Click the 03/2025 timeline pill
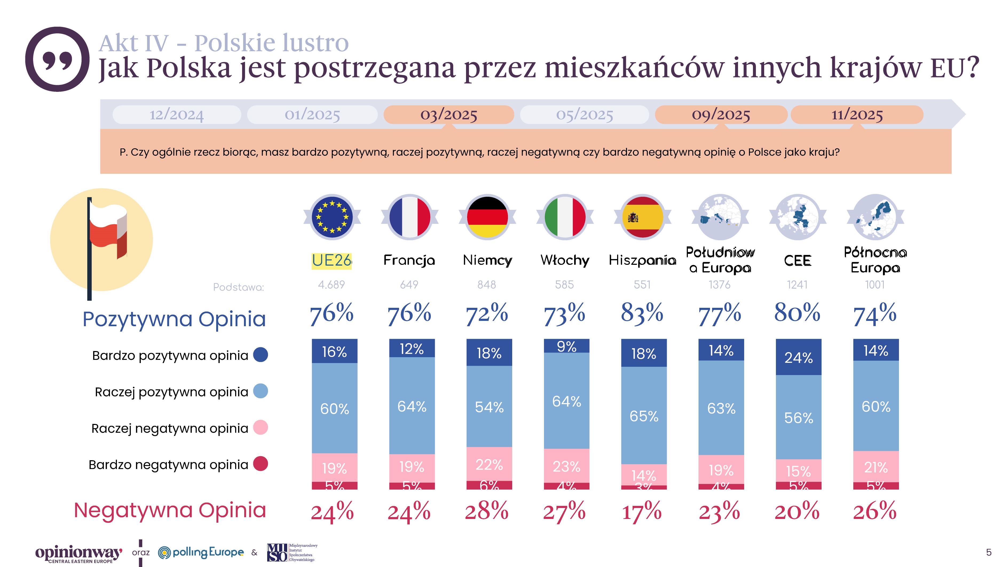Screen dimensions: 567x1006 tap(449, 115)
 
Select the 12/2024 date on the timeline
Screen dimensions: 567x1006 tap(176, 115)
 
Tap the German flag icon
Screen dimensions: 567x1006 tap(487, 217)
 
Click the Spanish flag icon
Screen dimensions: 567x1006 tap(642, 217)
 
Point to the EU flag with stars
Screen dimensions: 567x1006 tap(332, 217)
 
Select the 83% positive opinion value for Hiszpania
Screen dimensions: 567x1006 tap(642, 313)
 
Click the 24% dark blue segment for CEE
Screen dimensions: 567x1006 tap(798, 357)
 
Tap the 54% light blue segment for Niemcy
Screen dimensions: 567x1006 tap(489, 407)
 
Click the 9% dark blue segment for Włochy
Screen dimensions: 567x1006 tap(566, 346)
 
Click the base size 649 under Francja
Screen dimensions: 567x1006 tap(409, 285)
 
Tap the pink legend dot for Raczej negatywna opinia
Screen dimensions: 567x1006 tap(261, 428)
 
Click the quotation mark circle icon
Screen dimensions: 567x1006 tap(57, 59)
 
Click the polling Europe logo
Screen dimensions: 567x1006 tap(201, 552)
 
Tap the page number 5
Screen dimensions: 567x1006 tap(988, 552)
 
